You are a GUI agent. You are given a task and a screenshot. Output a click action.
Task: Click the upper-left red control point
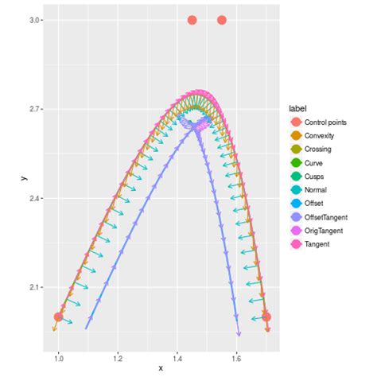tap(192, 20)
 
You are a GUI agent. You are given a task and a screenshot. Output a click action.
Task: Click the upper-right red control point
tap(222, 20)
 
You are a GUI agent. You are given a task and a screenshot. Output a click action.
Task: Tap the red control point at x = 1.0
tap(58, 317)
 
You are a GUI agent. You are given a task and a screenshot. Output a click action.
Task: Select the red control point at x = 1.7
tap(266, 317)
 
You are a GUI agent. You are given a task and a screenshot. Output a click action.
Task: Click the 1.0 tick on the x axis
tap(58, 357)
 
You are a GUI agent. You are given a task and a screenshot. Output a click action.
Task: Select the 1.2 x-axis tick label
tap(118, 357)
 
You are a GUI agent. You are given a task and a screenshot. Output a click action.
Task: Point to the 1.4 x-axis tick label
tap(177, 357)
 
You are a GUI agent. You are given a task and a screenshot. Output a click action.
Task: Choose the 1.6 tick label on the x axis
tap(237, 357)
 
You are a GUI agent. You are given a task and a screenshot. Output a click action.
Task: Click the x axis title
tap(162, 367)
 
